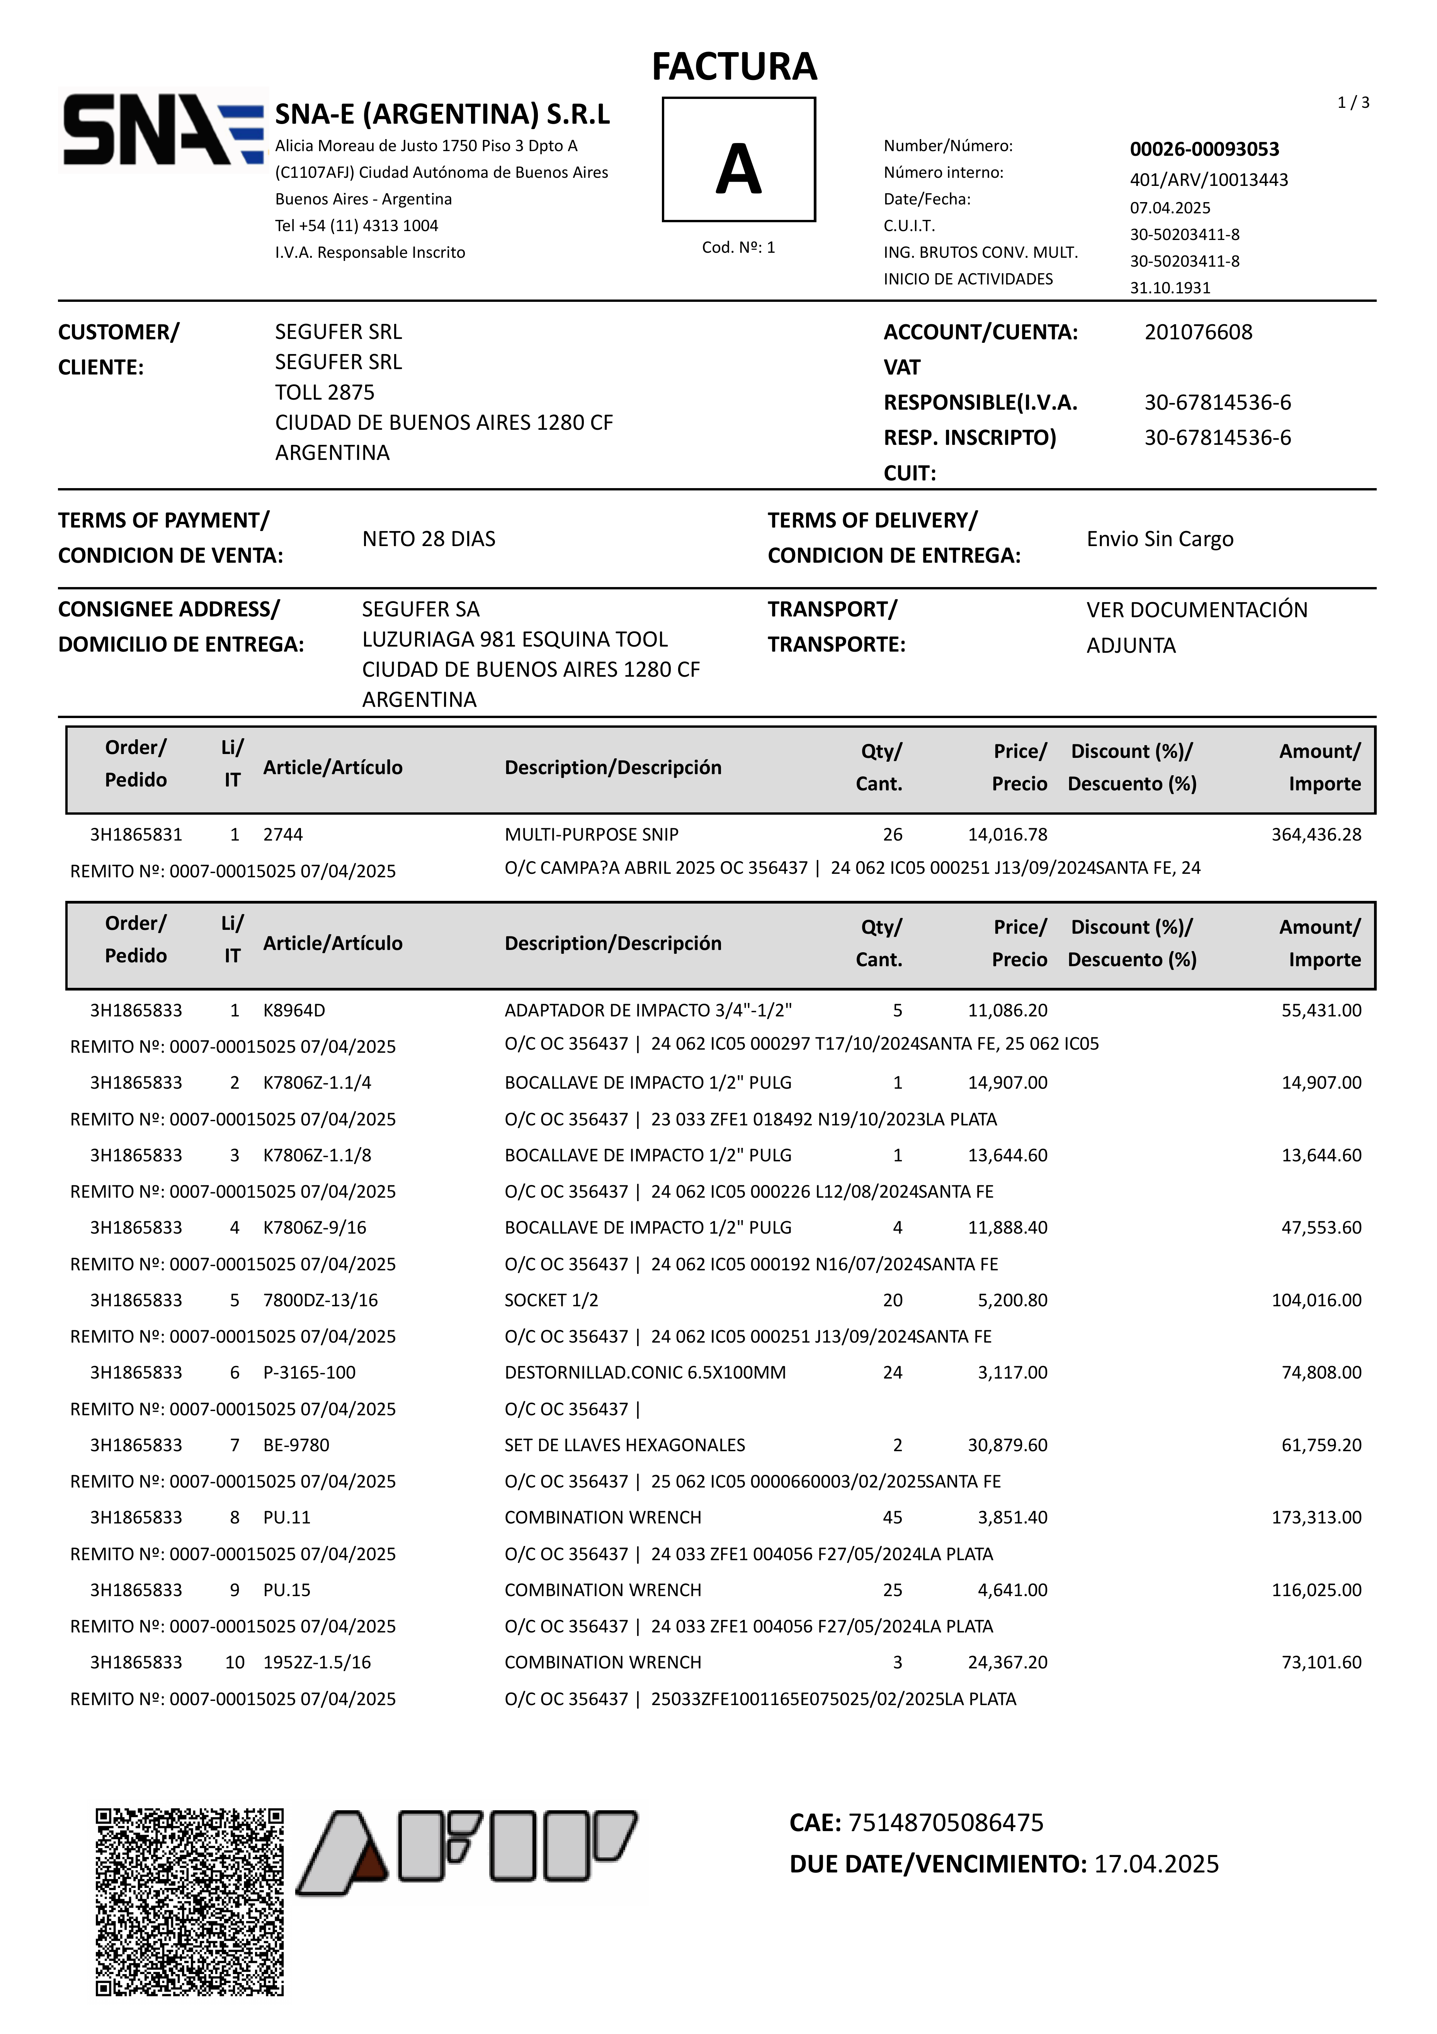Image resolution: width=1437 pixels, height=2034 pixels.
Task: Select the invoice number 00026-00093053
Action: point(1204,149)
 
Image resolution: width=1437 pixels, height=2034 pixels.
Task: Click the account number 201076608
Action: point(1198,332)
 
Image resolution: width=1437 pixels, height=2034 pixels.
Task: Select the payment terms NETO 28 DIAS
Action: point(429,539)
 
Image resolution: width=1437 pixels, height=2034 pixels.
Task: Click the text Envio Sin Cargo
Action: point(1160,539)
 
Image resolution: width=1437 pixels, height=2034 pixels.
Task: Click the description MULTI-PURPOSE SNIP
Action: point(591,834)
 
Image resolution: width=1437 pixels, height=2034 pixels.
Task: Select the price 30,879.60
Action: point(1007,1445)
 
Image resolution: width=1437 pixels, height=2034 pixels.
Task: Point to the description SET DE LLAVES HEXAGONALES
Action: point(624,1445)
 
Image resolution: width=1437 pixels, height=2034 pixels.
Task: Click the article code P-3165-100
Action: point(309,1372)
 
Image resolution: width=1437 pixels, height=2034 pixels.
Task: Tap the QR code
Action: point(190,1902)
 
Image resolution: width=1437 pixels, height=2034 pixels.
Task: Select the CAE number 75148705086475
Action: point(945,1822)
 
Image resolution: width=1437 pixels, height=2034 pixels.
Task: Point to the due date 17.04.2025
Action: point(1156,1864)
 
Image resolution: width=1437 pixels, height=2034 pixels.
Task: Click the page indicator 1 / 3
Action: point(1353,103)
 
